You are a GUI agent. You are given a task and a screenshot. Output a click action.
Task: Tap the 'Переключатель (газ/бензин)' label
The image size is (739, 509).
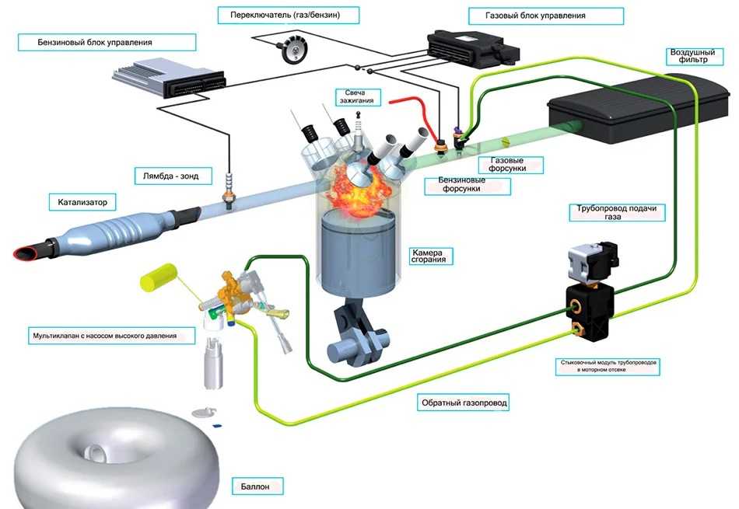(278, 15)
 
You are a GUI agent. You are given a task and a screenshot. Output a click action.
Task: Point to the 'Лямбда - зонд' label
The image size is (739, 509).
(166, 176)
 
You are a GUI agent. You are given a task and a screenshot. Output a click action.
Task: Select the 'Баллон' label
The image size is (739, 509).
(256, 487)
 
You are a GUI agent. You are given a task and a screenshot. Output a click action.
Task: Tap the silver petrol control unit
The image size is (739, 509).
(170, 78)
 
